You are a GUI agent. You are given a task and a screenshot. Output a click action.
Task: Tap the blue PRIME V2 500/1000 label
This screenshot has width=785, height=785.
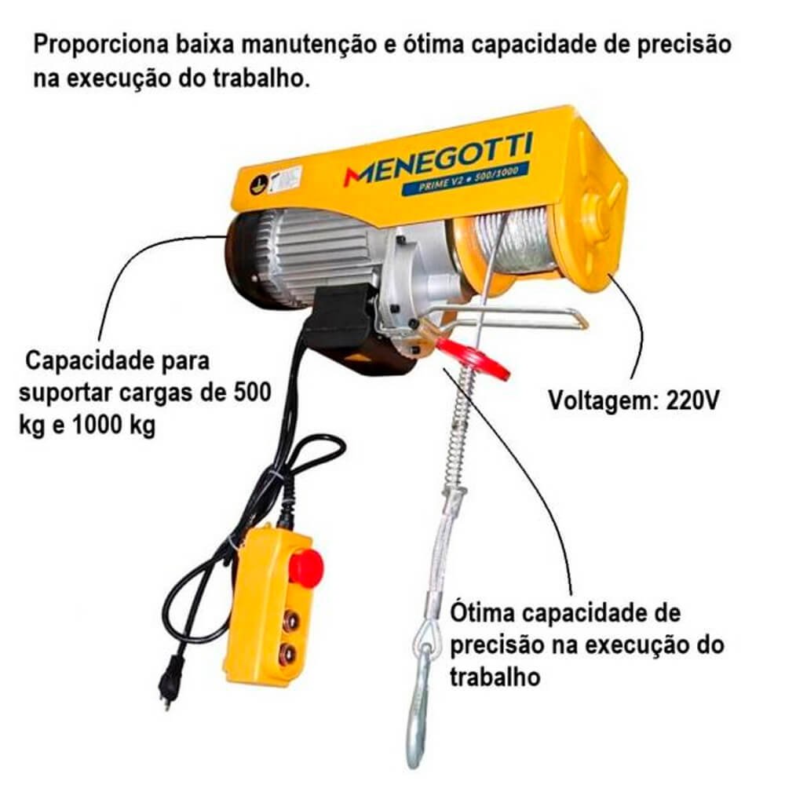pos(466,177)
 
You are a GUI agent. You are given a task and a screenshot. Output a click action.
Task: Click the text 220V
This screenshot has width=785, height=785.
pos(692,400)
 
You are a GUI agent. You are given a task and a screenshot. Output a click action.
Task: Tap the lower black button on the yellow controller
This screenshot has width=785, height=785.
pos(287,655)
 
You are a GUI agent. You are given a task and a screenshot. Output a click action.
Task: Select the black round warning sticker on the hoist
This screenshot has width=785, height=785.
pos(257,186)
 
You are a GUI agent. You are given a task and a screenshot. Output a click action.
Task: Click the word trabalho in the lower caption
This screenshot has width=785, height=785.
pos(495,677)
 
